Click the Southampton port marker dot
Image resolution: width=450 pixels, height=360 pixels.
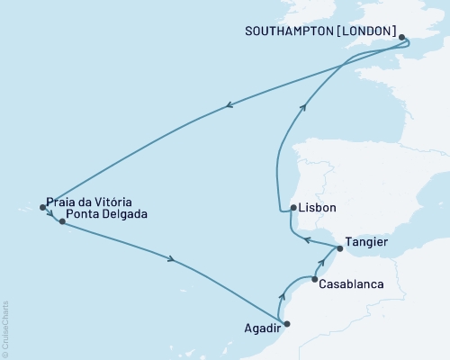[402, 38]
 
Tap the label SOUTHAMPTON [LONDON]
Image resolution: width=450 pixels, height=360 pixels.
[320, 31]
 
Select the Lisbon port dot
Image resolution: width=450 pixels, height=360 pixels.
[294, 208]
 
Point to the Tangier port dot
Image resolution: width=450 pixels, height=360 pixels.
[339, 247]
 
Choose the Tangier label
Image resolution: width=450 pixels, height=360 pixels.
[369, 242]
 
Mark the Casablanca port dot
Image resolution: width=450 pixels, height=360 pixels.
[314, 279]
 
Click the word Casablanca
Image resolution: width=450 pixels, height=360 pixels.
[352, 284]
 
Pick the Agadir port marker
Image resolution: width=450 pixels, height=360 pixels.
[286, 324]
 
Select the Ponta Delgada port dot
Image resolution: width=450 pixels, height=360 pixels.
[62, 220]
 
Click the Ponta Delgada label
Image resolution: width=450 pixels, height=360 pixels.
[107, 215]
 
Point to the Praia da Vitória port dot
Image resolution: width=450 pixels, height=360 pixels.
[42, 208]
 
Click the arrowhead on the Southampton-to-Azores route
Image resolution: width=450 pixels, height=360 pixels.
[230, 105]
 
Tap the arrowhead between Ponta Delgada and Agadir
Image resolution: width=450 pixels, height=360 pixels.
[170, 261]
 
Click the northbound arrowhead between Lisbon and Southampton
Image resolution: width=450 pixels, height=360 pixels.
[304, 107]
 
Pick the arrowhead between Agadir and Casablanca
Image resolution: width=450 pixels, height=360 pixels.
[282, 296]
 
